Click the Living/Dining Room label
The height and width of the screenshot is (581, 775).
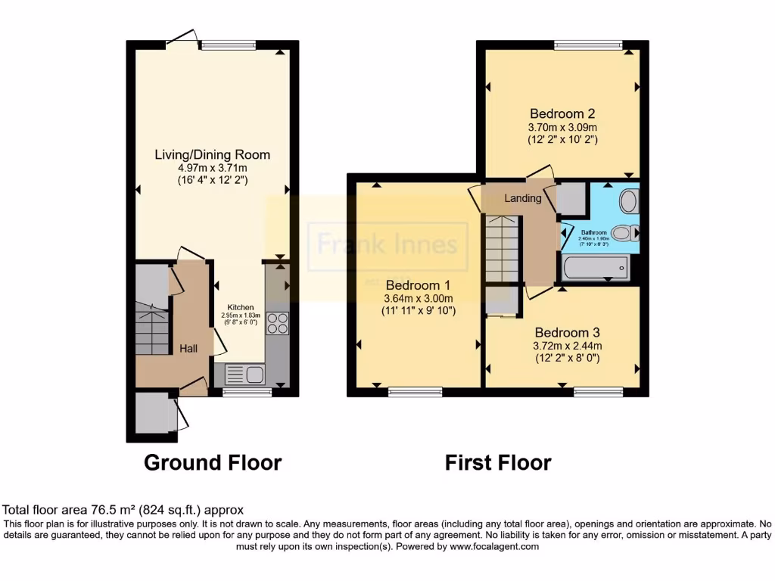pos(212,154)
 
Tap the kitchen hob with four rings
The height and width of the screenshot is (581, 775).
pos(278,323)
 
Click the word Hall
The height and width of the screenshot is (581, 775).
pos(188,348)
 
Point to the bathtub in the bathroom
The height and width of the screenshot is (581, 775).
pos(595,267)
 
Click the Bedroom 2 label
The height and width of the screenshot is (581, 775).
pos(562,113)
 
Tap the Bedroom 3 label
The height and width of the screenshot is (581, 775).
pos(567,332)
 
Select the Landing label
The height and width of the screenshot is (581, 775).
pos(523,198)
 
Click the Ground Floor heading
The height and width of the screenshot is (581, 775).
pos(213,462)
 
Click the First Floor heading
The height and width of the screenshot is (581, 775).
pos(498,462)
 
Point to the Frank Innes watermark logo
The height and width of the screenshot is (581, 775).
pos(387,244)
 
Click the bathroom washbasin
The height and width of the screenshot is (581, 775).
pos(628,201)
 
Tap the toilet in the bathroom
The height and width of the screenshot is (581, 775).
pos(624,233)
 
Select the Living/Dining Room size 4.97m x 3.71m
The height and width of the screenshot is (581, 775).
pos(212,167)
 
